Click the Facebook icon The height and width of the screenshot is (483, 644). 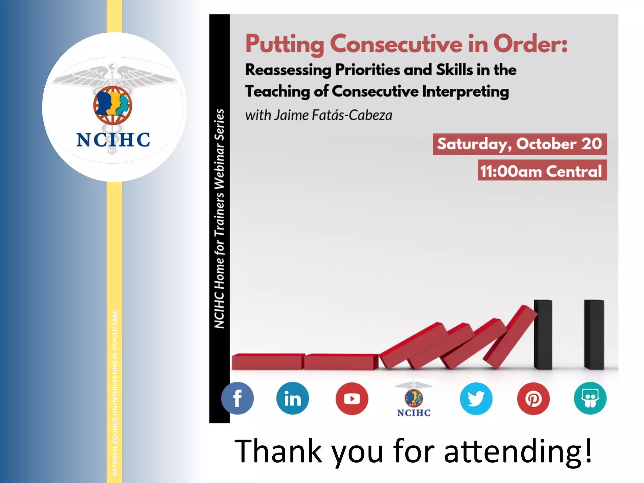click(x=237, y=398)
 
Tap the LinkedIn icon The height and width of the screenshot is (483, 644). click(x=292, y=398)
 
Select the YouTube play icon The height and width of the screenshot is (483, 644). click(x=352, y=398)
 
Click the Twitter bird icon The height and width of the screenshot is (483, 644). click(x=476, y=398)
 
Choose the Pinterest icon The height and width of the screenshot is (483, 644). click(x=533, y=398)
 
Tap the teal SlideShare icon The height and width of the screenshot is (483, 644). click(x=590, y=398)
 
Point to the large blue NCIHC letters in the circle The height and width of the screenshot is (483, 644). click(x=113, y=140)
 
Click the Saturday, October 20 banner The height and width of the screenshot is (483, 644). click(x=519, y=144)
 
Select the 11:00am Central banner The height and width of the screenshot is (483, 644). click(x=542, y=170)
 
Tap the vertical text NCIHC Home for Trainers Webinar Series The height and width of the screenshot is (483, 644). click(x=219, y=219)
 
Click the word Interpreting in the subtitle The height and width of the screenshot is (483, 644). click(x=465, y=92)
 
